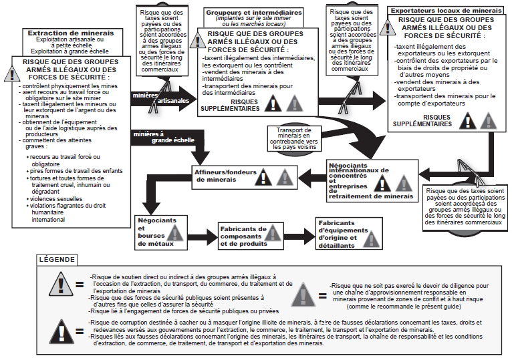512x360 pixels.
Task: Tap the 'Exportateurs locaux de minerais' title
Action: pos(444,11)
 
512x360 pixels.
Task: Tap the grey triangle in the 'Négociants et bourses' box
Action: pos(176,232)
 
